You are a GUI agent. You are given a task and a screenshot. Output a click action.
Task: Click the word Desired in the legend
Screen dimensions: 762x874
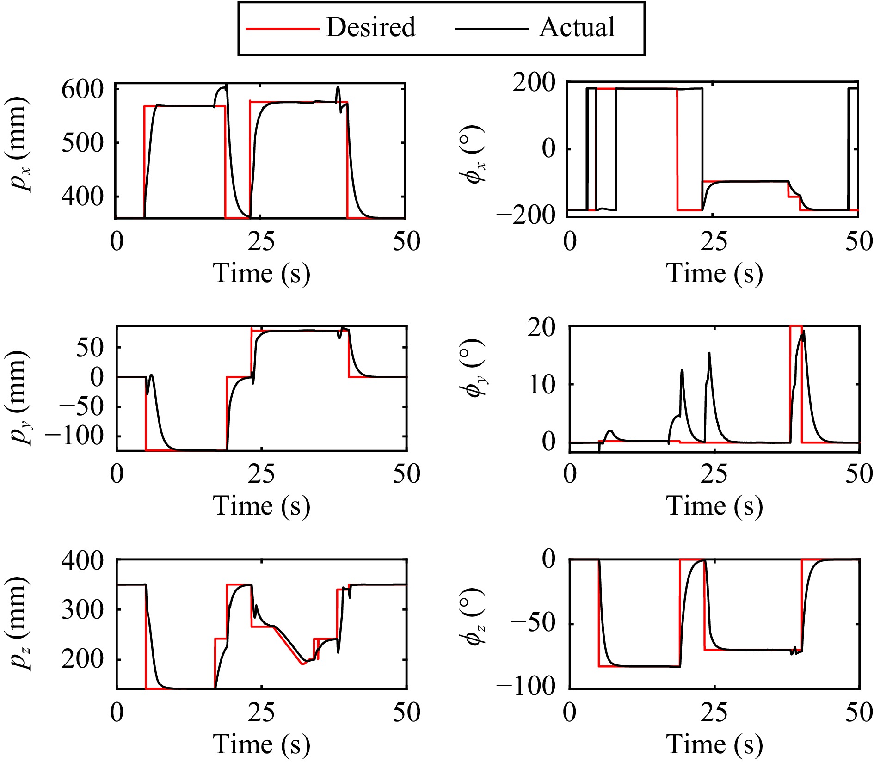coord(371,27)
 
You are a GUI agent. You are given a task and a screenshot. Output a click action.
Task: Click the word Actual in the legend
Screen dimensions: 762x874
coord(577,27)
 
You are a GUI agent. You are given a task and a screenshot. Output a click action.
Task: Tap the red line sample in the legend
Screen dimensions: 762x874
coord(282,29)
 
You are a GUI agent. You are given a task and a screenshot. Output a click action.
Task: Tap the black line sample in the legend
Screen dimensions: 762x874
coord(492,29)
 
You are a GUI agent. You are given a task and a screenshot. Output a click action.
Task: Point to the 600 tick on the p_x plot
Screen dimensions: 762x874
coord(83,90)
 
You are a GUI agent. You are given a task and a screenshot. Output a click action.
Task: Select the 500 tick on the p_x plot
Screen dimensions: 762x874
coord(83,143)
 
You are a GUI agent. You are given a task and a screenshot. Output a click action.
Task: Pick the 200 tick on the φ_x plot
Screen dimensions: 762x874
coord(534,83)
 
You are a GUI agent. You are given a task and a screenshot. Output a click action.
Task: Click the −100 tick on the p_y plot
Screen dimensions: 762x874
coord(74,436)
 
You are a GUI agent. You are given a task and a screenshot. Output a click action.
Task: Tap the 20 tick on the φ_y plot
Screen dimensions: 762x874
coord(542,327)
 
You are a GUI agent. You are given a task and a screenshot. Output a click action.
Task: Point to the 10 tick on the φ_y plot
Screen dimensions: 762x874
coord(542,384)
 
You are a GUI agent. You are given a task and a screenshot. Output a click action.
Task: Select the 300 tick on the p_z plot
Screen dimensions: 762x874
coord(83,610)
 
